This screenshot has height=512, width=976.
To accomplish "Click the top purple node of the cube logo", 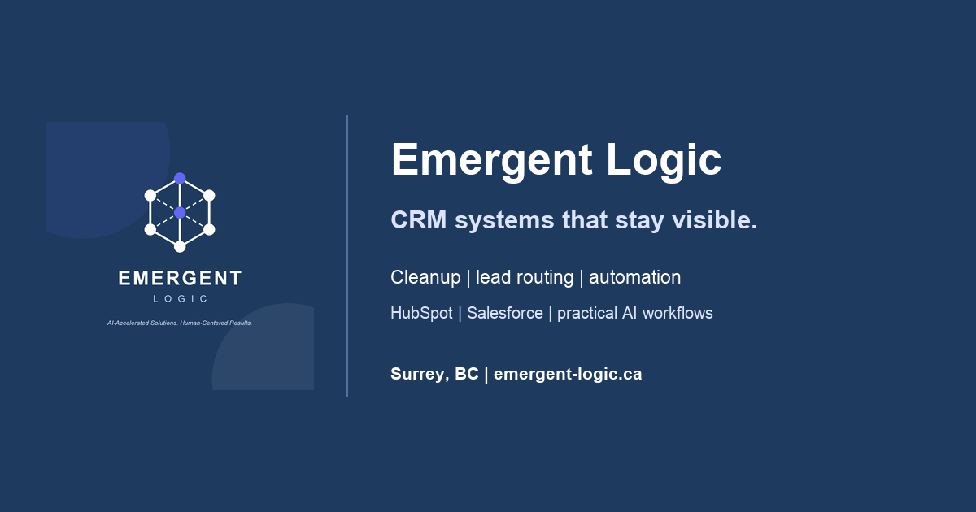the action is [180, 179].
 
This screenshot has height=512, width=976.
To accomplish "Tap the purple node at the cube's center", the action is [180, 212].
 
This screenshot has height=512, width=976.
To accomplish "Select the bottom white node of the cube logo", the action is [180, 247].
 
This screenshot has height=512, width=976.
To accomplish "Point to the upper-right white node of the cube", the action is [209, 196].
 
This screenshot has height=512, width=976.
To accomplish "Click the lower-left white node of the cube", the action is [150, 229].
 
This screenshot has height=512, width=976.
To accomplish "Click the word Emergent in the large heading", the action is [491, 160].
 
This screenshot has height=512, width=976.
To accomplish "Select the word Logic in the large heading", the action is [664, 160].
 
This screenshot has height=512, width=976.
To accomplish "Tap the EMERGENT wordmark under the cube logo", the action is [180, 278].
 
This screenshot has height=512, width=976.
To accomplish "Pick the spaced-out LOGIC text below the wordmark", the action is [180, 299].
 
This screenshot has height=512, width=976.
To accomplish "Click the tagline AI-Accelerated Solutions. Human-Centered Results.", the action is [180, 323].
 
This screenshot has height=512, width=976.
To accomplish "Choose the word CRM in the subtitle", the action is [419, 220].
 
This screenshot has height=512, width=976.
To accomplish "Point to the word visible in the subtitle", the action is [715, 220].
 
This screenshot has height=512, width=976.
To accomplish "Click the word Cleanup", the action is [425, 278].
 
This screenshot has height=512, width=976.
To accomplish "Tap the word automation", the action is [635, 277].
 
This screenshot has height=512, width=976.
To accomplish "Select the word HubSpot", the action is [421, 314].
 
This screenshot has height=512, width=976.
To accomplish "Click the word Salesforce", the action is [505, 313].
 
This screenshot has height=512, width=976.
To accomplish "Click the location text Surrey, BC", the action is [434, 374].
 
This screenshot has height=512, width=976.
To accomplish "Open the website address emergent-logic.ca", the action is [568, 374].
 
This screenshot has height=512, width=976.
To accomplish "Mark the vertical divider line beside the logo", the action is [346, 257].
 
